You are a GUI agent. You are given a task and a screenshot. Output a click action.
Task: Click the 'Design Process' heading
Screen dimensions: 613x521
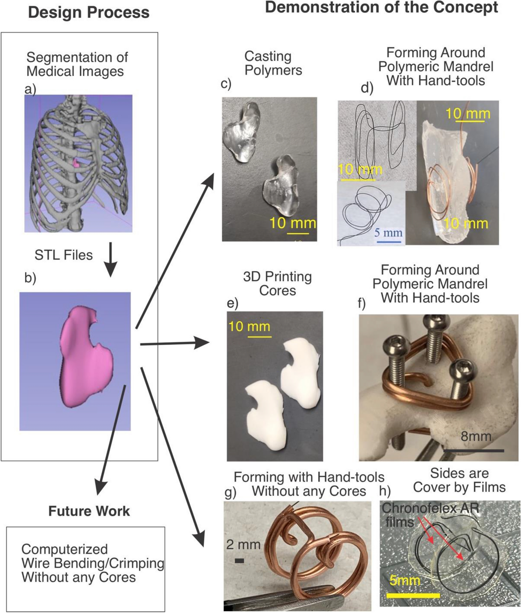[x=89, y=12]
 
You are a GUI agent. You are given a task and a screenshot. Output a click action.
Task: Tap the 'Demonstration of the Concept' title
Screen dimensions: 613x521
[x=382, y=8]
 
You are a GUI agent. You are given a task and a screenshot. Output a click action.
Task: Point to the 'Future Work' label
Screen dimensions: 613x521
[x=89, y=511]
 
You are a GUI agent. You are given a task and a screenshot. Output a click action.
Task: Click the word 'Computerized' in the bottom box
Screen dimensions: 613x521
[x=65, y=549]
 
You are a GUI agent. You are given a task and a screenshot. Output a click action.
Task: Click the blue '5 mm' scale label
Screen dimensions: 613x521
[x=388, y=232]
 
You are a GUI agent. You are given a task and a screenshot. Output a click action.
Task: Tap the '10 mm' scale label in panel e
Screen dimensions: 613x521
[x=249, y=326]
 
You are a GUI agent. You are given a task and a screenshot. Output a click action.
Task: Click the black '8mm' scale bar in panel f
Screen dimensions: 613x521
[x=473, y=451]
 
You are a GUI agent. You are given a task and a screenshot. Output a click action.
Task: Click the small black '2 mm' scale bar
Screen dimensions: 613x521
[x=239, y=561]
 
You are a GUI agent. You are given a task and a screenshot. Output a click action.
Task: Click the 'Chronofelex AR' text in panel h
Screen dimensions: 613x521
[x=430, y=508]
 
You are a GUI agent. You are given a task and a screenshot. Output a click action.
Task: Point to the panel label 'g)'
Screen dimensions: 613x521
[x=230, y=493]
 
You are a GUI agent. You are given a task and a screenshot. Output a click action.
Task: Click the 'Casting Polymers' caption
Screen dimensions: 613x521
[x=273, y=63]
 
